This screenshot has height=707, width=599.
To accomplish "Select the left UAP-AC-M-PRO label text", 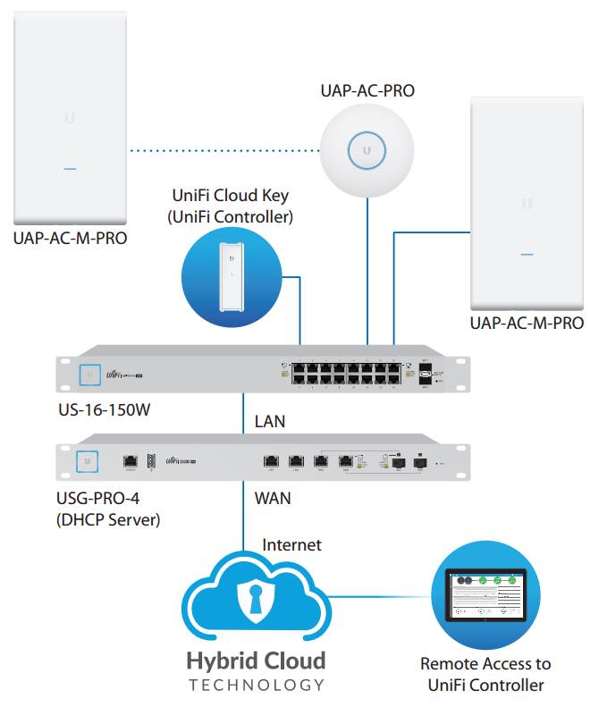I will coord(70,239).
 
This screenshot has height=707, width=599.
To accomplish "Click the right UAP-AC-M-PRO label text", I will coord(527,324).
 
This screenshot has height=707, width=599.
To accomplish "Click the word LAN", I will coord(272,420).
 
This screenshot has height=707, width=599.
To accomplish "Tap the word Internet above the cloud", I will coord(291,544).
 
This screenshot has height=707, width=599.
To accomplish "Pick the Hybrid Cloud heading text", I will coord(256,662).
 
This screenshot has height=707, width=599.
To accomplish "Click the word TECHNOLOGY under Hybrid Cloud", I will coord(256,686).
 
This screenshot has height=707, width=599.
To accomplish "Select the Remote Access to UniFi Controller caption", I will coord(485,675).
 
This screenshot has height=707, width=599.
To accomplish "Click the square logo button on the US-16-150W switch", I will coord(89,375).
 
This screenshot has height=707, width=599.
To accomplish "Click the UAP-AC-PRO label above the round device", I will coord(367,90).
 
